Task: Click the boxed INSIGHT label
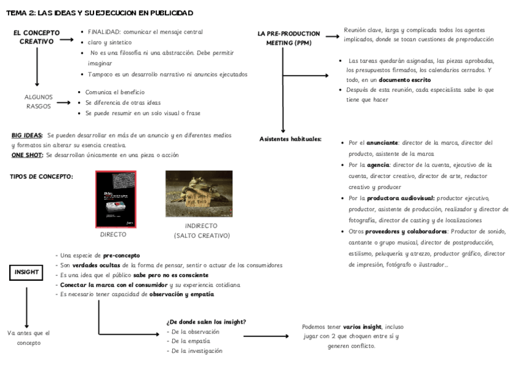(x=26, y=272)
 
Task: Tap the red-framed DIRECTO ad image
(x=116, y=199)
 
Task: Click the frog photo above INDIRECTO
(x=199, y=194)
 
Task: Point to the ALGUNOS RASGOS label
(x=38, y=102)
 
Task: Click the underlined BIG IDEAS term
(x=27, y=135)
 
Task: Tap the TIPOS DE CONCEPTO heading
(x=42, y=177)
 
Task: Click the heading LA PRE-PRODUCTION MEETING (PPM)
(x=288, y=38)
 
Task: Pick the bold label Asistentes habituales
(x=290, y=139)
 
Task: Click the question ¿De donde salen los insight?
(x=206, y=322)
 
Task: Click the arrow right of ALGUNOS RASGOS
(x=65, y=102)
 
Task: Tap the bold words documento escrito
(x=404, y=80)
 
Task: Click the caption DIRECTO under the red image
(x=113, y=234)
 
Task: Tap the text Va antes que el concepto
(x=29, y=338)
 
